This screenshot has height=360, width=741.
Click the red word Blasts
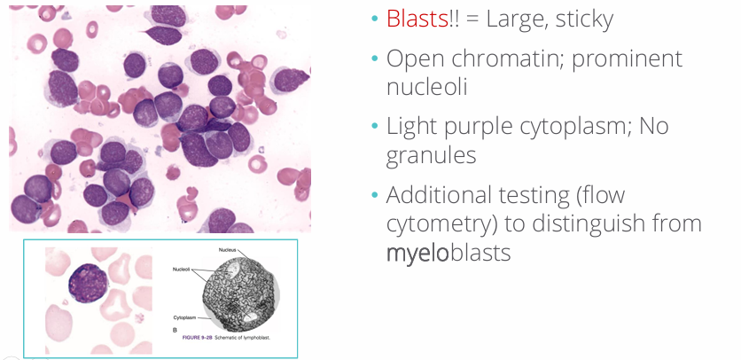(x=417, y=19)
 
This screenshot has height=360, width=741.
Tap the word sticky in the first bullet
(x=580, y=19)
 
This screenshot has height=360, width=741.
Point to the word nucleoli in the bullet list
(x=427, y=86)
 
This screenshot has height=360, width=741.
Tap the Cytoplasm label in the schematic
(x=183, y=315)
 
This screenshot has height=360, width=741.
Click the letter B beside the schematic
(x=174, y=328)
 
